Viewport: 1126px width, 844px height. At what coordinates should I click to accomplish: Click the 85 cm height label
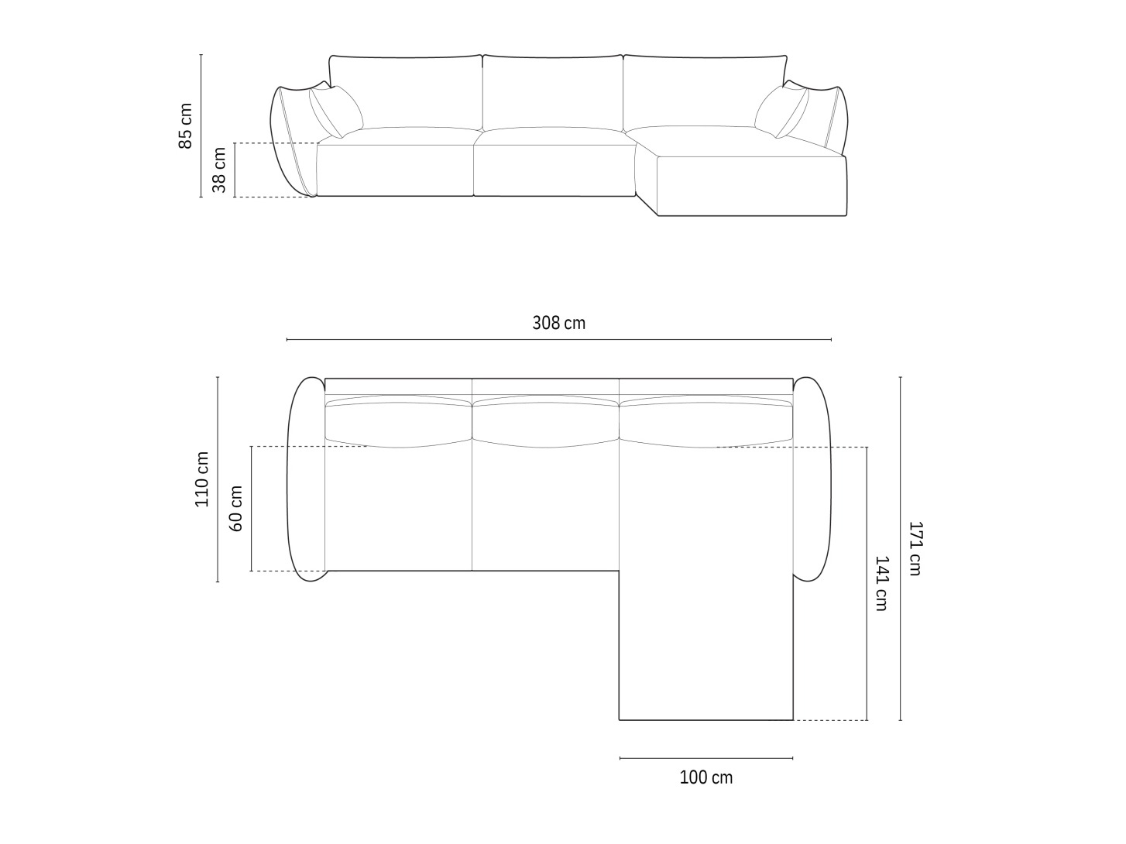tap(185, 126)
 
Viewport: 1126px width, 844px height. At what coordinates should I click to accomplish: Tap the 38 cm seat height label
tap(219, 170)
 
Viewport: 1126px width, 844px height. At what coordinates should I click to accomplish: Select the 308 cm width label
tap(558, 323)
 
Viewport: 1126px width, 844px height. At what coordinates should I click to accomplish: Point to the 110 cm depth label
tap(201, 479)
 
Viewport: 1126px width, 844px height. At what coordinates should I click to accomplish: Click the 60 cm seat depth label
tap(235, 508)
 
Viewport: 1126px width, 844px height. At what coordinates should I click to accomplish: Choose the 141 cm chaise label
tap(881, 583)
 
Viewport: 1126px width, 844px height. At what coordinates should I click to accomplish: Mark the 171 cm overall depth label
tap(915, 548)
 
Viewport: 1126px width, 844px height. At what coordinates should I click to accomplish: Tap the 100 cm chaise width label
tap(705, 778)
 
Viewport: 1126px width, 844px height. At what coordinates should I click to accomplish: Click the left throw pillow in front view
tap(336, 112)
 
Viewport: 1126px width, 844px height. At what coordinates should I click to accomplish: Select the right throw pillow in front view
tap(781, 112)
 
